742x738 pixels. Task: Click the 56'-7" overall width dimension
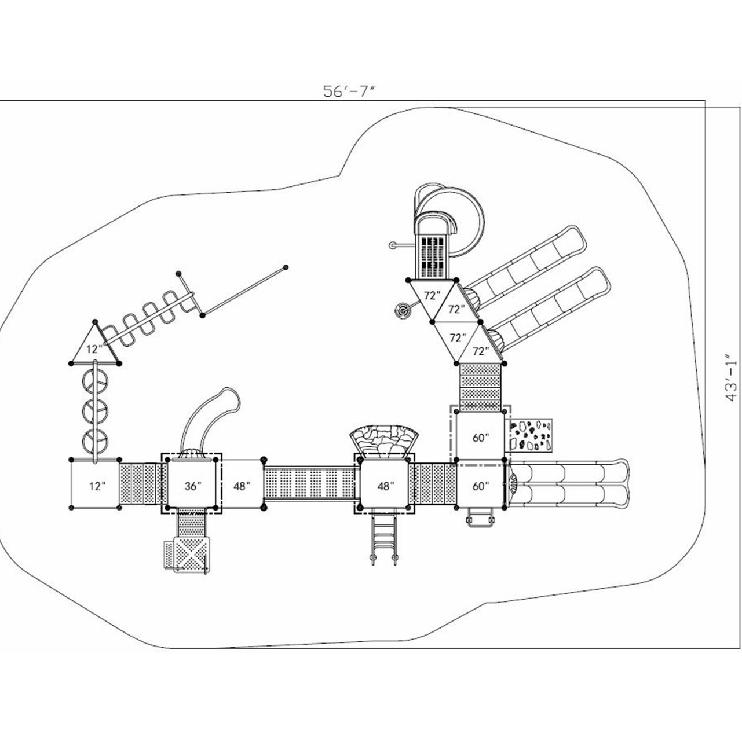click(350, 91)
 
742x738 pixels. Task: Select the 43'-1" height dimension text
click(731, 377)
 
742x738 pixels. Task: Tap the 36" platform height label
click(193, 486)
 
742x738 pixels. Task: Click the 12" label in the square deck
click(97, 486)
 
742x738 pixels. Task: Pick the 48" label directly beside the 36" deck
click(242, 486)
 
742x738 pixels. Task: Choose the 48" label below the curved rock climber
click(385, 486)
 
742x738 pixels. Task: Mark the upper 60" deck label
click(480, 438)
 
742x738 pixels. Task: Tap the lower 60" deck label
click(480, 486)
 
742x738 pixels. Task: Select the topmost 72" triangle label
click(432, 295)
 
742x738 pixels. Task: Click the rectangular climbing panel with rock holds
click(531, 435)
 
